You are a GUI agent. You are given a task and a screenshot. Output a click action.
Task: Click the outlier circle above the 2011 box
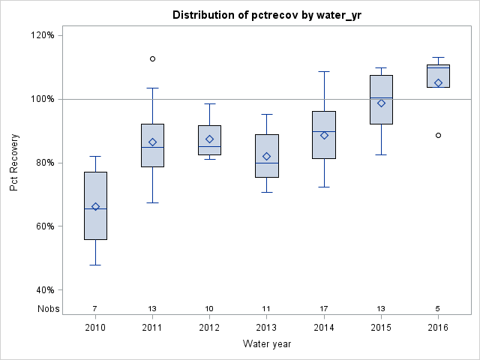pyautogui.click(x=152, y=58)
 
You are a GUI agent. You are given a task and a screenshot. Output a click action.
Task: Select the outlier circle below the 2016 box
pyautogui.click(x=438, y=135)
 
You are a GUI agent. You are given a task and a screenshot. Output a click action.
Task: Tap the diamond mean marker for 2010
pyautogui.click(x=95, y=206)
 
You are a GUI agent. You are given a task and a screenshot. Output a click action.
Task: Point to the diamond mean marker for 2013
pyautogui.click(x=267, y=156)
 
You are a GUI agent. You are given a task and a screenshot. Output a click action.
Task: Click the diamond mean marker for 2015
pyautogui.click(x=381, y=103)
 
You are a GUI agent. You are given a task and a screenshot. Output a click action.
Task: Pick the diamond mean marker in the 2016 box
pyautogui.click(x=438, y=82)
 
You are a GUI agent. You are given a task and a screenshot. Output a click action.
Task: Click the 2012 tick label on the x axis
pyautogui.click(x=209, y=328)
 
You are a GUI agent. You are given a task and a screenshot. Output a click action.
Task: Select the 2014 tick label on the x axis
pyautogui.click(x=324, y=328)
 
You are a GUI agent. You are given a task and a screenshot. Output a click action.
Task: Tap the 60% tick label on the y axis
pyautogui.click(x=45, y=226)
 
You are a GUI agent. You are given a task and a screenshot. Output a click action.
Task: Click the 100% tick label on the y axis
pyautogui.click(x=43, y=99)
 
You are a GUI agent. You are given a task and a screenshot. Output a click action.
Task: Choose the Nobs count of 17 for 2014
pyautogui.click(x=324, y=308)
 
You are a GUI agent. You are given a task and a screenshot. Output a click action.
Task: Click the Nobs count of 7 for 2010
pyautogui.click(x=95, y=308)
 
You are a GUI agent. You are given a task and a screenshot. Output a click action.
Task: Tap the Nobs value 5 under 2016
pyautogui.click(x=438, y=308)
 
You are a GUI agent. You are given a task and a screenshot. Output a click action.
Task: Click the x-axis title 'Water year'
pyautogui.click(x=266, y=344)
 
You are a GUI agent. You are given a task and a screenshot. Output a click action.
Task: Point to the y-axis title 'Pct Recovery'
pyautogui.click(x=14, y=162)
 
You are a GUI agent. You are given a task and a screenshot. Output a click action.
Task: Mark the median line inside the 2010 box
pyautogui.click(x=95, y=208)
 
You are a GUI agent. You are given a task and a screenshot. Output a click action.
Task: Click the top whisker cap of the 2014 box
pyautogui.click(x=324, y=71)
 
